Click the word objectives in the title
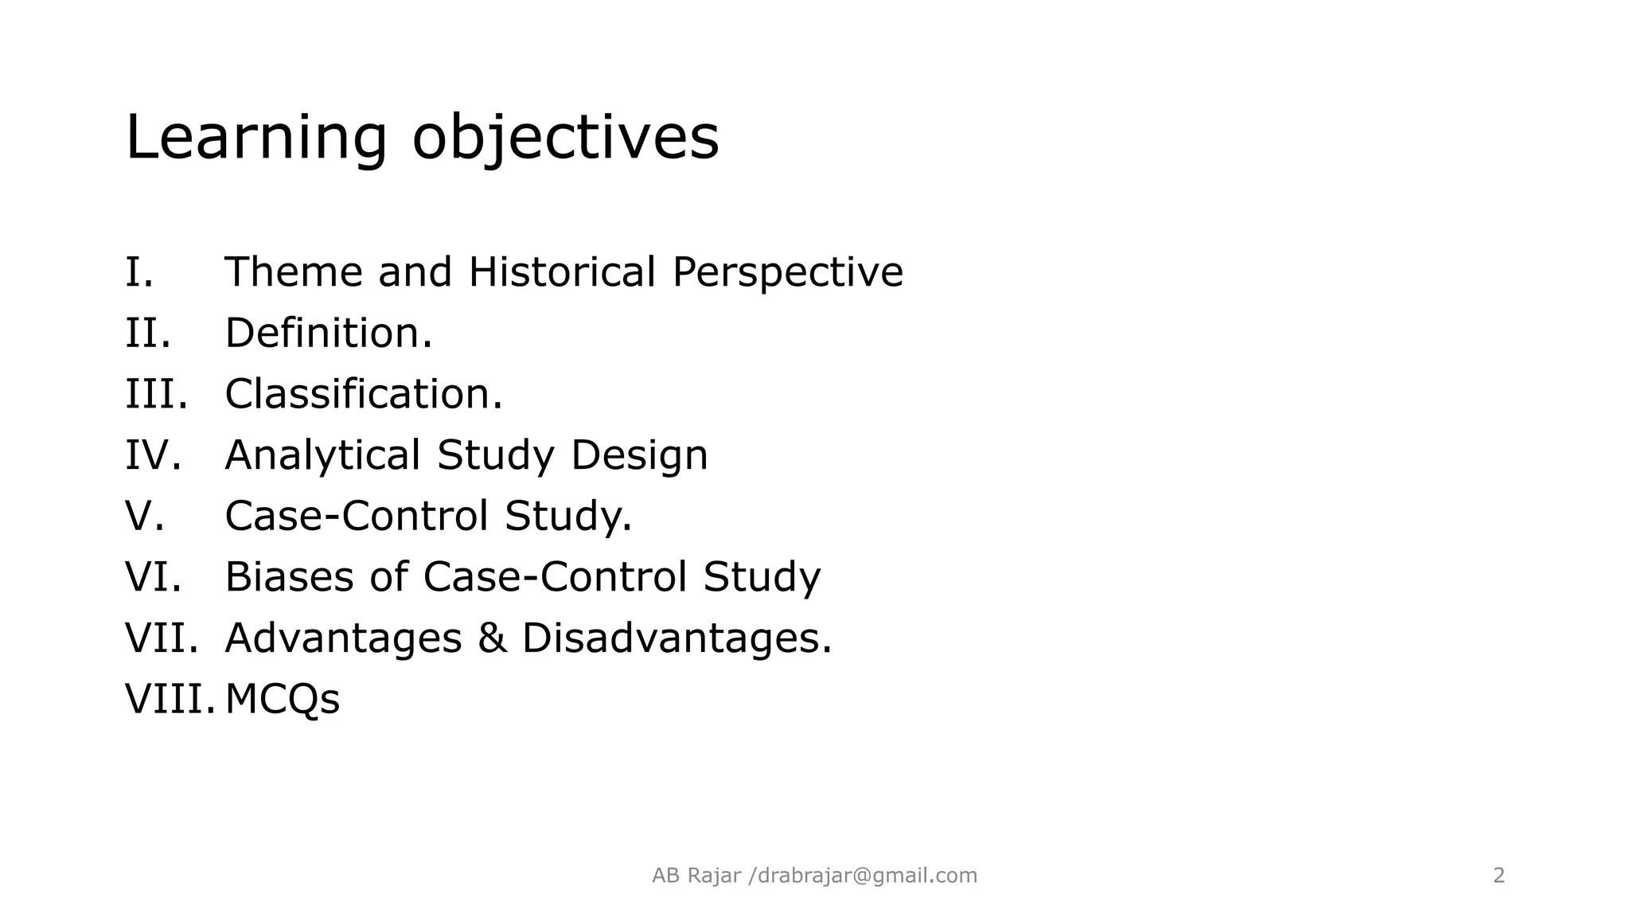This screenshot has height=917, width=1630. click(565, 138)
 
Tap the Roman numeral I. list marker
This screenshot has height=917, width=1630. click(139, 272)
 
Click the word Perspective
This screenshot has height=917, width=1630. click(787, 272)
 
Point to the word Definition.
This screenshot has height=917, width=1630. click(328, 333)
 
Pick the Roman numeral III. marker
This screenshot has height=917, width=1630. click(156, 394)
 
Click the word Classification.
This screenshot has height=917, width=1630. click(363, 394)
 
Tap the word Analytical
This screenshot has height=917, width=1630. click(322, 455)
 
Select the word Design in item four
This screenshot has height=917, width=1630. click(638, 455)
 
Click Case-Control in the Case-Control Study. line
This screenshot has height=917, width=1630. click(356, 516)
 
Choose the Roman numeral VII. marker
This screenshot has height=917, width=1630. click(162, 638)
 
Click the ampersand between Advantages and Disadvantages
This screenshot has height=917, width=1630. click(492, 638)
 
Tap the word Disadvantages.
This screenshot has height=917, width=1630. click(676, 638)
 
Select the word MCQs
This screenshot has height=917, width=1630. click(282, 700)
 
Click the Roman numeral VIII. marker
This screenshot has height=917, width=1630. click(170, 700)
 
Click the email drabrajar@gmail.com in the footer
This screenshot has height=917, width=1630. click(867, 876)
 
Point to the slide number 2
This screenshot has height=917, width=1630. click(1499, 876)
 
